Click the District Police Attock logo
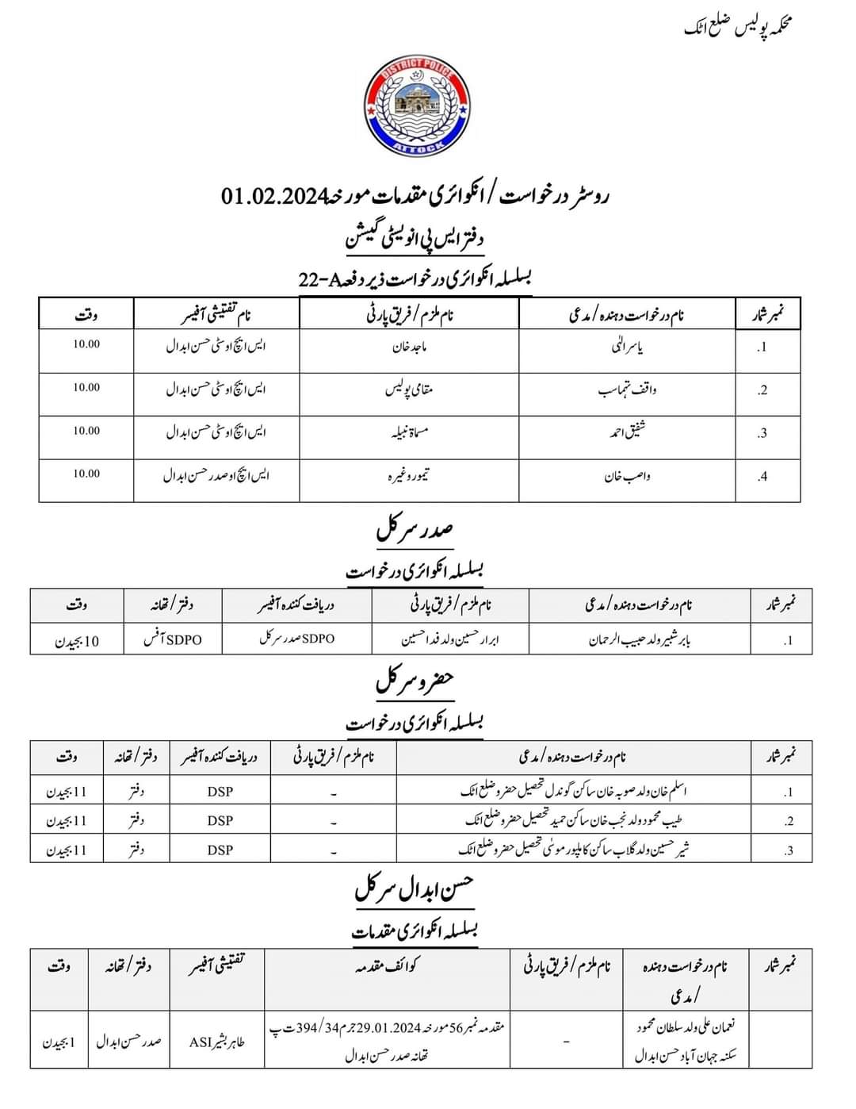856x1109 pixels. pyautogui.click(x=415, y=108)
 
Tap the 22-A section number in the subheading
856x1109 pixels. pyautogui.click(x=317, y=278)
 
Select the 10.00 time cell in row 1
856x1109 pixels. pyautogui.click(x=86, y=344)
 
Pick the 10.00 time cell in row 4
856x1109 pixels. pyautogui.click(x=86, y=474)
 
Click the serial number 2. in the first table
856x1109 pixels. pyautogui.click(x=762, y=390)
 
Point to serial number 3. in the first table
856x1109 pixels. pyautogui.click(x=762, y=433)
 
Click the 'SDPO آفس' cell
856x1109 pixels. pyautogui.click(x=172, y=639)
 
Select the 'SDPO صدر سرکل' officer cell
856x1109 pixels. pyautogui.click(x=297, y=639)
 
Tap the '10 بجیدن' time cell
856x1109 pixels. pyautogui.click(x=77, y=641)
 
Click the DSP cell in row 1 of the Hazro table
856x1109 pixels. pyautogui.click(x=220, y=792)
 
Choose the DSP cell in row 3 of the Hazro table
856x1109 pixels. pyautogui.click(x=220, y=850)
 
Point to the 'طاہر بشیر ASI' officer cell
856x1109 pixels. pyautogui.click(x=216, y=1042)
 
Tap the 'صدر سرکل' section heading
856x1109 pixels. pyautogui.click(x=415, y=530)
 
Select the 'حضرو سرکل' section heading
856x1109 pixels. pyautogui.click(x=415, y=681)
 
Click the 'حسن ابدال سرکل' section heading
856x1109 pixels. pyautogui.click(x=415, y=889)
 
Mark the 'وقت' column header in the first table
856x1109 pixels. pyautogui.click(x=86, y=315)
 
